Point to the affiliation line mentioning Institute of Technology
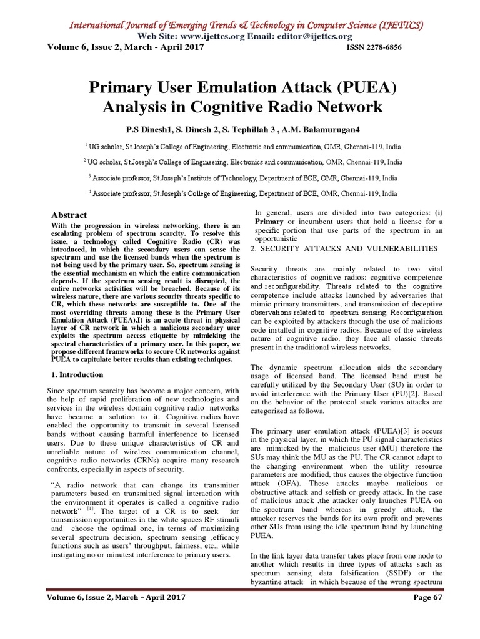(242, 178)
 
